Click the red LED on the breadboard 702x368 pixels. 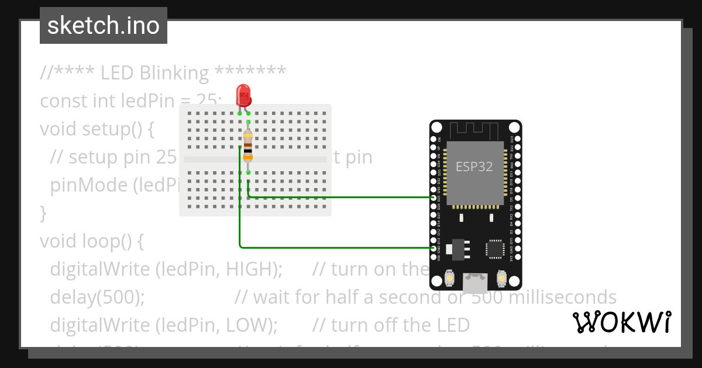243,95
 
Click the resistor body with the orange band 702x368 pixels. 248,146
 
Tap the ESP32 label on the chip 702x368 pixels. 474,166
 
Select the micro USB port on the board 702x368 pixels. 475,283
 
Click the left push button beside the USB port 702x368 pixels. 449,279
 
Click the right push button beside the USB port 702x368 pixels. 501,279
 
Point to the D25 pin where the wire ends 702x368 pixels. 433,198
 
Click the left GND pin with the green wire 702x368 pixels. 433,248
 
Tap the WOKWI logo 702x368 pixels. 622,322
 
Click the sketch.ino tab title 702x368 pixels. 104,26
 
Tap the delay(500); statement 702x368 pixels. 97,297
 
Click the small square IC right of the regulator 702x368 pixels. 495,249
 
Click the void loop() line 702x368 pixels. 91,241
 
